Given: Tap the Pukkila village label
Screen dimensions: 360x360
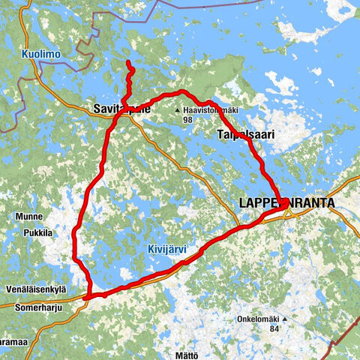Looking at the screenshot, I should (37, 233).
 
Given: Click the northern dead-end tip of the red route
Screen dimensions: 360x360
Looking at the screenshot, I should (128, 61).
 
